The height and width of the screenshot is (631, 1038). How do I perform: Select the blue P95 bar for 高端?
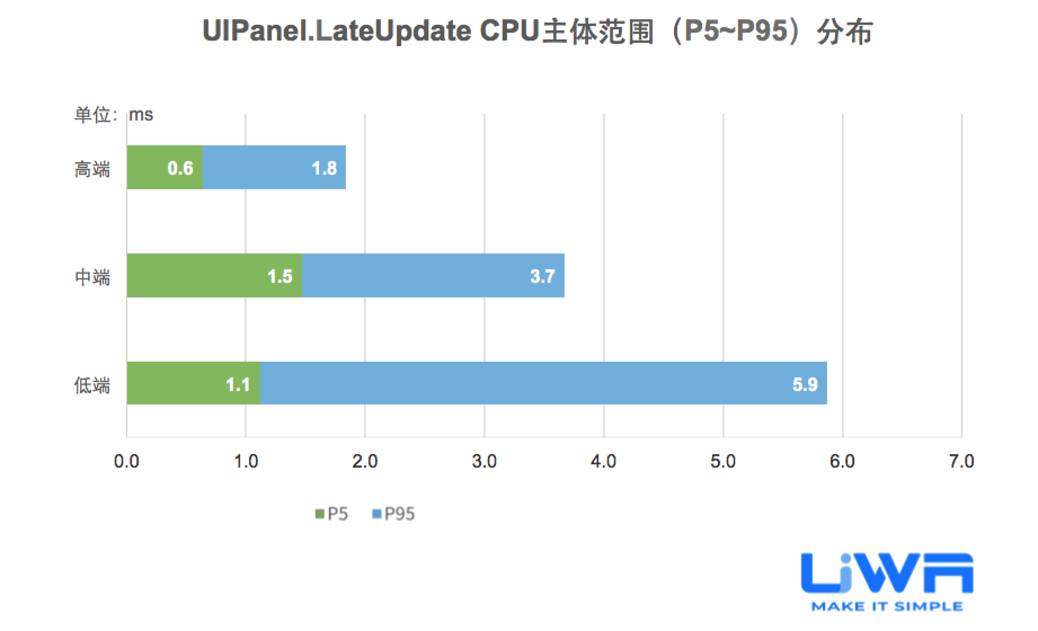pos(274,167)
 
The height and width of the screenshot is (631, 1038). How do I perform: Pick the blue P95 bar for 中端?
pos(433,275)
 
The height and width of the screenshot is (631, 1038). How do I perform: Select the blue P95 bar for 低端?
pos(543,384)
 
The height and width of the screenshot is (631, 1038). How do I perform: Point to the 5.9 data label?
pos(805,384)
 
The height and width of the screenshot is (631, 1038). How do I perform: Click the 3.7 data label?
pos(542,276)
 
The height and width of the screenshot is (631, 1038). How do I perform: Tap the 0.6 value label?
pos(180,168)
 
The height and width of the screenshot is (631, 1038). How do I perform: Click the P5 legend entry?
pos(332,514)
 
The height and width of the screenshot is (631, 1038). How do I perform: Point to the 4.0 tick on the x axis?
pos(603,461)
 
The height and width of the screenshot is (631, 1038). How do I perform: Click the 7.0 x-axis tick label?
pos(961,461)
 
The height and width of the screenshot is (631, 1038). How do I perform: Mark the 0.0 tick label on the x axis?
pos(126,461)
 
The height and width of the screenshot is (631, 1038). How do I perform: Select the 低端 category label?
pos(92,385)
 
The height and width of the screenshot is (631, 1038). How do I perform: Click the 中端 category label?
pos(92,277)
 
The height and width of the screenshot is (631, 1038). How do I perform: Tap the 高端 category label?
pos(92,169)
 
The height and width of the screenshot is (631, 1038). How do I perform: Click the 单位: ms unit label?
pos(114,115)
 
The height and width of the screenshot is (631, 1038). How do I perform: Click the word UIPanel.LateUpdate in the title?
pos(336,31)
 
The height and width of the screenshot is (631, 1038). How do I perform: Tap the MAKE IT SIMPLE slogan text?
pos(887,606)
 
